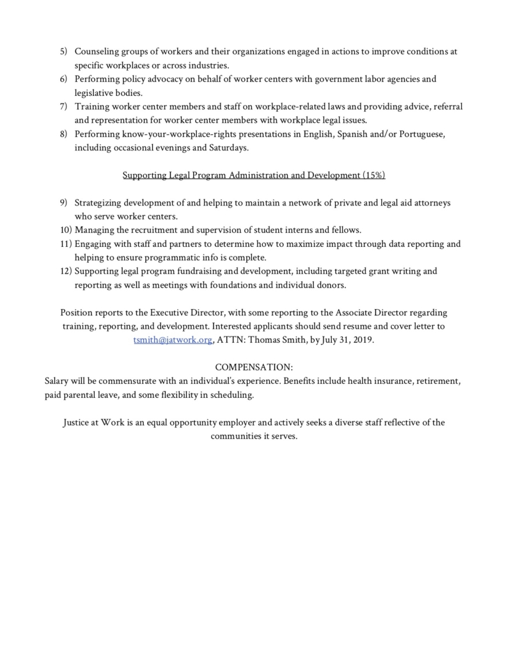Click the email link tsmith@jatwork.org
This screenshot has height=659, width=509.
pyautogui.click(x=173, y=340)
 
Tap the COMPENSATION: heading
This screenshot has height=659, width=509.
pyautogui.click(x=254, y=367)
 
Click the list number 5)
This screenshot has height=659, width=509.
pyautogui.click(x=64, y=51)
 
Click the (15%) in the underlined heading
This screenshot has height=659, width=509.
pyautogui.click(x=373, y=175)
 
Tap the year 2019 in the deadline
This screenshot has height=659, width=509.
pyautogui.click(x=361, y=340)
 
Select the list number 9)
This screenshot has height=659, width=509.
pyautogui.click(x=64, y=203)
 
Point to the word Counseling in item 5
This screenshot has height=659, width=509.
pyautogui.click(x=97, y=51)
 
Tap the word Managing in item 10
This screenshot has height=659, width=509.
pyautogui.click(x=95, y=230)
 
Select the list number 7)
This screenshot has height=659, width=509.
pyautogui.click(x=64, y=106)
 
